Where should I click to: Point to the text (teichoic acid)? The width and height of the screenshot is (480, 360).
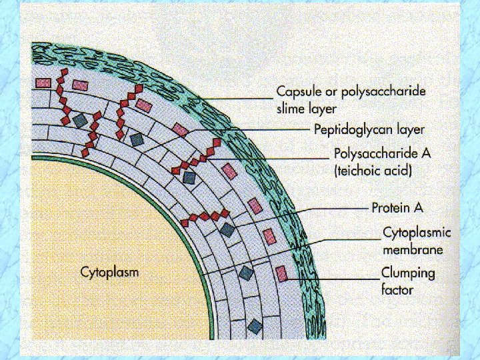(373, 171)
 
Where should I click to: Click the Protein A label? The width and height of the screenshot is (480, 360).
(397, 207)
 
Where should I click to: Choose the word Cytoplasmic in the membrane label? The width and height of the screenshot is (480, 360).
(417, 233)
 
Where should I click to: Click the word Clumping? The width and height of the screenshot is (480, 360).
(408, 273)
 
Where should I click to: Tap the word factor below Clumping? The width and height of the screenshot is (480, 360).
(397, 290)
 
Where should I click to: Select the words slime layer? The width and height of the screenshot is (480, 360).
(307, 108)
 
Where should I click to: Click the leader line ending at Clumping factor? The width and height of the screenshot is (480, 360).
(333, 278)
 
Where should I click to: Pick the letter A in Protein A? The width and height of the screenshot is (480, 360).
(418, 207)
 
